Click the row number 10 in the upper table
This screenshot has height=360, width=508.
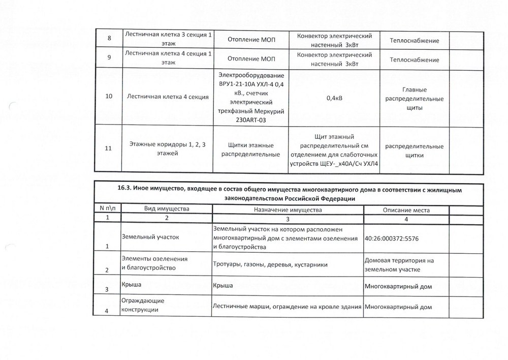pyautogui.click(x=108, y=97)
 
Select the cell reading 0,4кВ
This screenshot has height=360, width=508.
pyautogui.click(x=333, y=98)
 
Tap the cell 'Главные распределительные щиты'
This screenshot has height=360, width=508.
pyautogui.click(x=413, y=98)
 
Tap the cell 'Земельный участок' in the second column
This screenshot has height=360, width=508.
pyautogui.click(x=150, y=236)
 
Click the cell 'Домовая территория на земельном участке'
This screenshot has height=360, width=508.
pyautogui.click(x=399, y=264)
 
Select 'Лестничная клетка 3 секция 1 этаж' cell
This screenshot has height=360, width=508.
pyautogui.click(x=169, y=38)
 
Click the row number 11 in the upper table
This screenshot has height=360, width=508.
pyautogui.click(x=108, y=149)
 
